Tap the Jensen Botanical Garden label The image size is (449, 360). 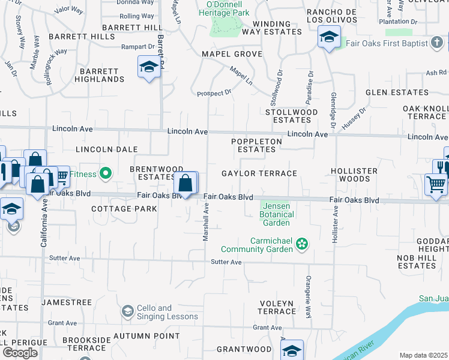point(277,214)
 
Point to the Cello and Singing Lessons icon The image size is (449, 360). point(127,311)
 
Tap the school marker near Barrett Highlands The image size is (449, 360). point(148,68)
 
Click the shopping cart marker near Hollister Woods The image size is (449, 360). point(436,185)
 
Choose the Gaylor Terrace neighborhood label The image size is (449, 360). point(259,173)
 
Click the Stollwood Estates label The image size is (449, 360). point(292,116)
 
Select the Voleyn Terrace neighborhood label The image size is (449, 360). point(277,307)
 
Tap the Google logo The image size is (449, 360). point(19,352)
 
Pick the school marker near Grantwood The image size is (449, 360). point(292,350)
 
